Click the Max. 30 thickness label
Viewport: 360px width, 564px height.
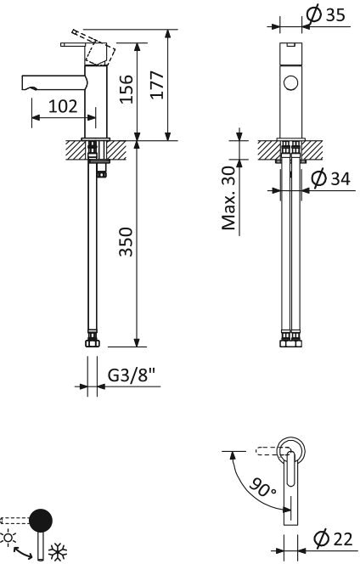228,198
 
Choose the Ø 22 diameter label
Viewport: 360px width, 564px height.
332,538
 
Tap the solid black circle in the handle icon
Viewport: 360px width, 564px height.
40,520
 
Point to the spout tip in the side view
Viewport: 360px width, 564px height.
25,82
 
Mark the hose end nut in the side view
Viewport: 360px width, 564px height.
93,342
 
